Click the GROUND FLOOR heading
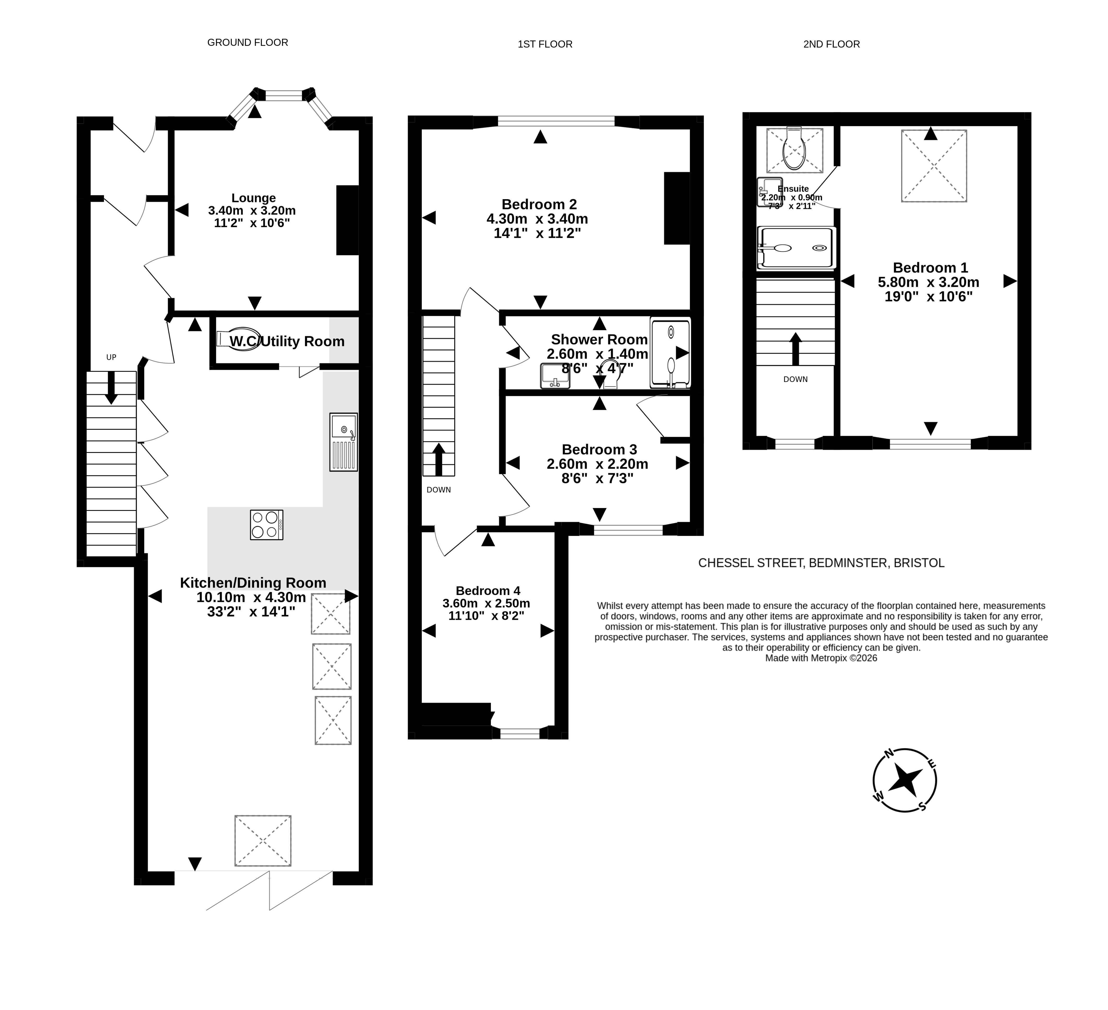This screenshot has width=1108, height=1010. [x=247, y=42]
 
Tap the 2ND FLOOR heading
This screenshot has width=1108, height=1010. [x=831, y=44]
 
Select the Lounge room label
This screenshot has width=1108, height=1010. [x=253, y=198]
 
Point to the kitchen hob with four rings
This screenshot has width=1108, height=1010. [x=267, y=525]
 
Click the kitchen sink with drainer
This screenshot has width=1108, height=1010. [x=343, y=442]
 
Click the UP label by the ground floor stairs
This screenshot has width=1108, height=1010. [x=111, y=357]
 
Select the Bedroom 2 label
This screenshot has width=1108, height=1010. [x=539, y=204]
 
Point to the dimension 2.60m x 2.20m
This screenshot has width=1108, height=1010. [x=597, y=464]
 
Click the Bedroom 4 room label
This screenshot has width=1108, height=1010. [x=488, y=591]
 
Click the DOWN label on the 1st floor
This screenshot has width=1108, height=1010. [x=439, y=490]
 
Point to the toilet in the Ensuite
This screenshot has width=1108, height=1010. [x=795, y=148]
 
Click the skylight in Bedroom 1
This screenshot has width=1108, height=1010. [x=934, y=166]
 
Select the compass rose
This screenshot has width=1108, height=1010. [x=905, y=780]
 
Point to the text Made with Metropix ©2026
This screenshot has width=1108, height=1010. [x=821, y=658]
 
